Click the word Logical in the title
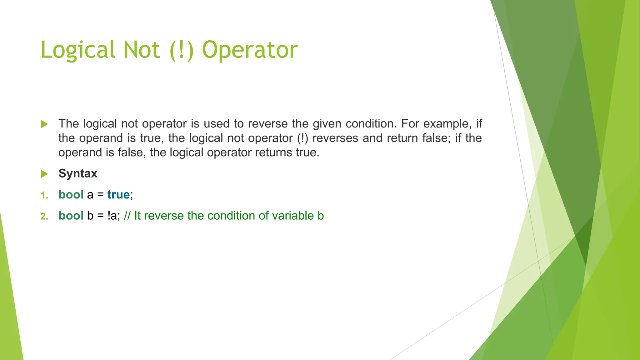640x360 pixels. coord(78,50)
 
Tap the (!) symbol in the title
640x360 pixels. coord(182,50)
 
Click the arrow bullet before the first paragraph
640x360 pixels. coord(44,124)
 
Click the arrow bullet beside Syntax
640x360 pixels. coord(44,174)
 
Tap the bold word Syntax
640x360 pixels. coord(78,173)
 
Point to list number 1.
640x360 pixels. coord(44,196)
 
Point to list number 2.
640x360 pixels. coord(44,216)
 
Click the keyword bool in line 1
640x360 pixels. coord(71,195)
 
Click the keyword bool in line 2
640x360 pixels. coord(71,216)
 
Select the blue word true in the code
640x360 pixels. coord(118,195)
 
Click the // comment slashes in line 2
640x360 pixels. coord(127,216)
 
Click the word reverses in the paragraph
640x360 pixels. coord(335,138)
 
